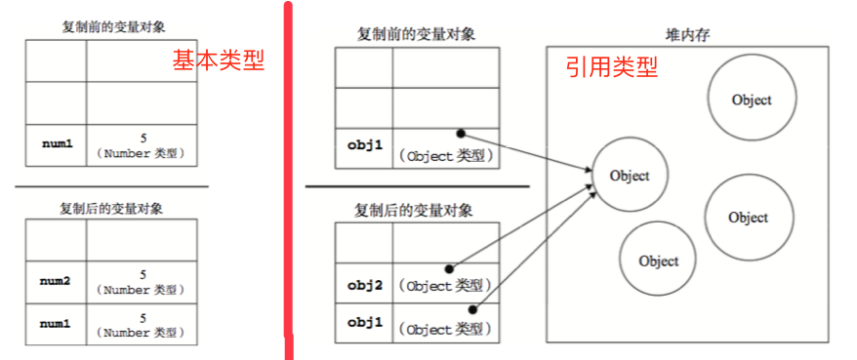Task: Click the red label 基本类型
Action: [220, 60]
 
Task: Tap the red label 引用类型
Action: [612, 67]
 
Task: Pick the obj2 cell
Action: [364, 285]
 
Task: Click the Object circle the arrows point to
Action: [629, 176]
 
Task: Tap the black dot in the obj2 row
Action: [451, 267]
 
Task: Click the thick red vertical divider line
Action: [287, 176]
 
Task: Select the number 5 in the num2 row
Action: [143, 275]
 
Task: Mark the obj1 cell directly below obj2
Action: [364, 322]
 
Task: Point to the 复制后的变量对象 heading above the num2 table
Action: [111, 209]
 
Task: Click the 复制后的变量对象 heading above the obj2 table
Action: [417, 209]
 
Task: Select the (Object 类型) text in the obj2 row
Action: [443, 286]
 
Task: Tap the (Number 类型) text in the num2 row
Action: [143, 290]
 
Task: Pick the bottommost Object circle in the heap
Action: [658, 260]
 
